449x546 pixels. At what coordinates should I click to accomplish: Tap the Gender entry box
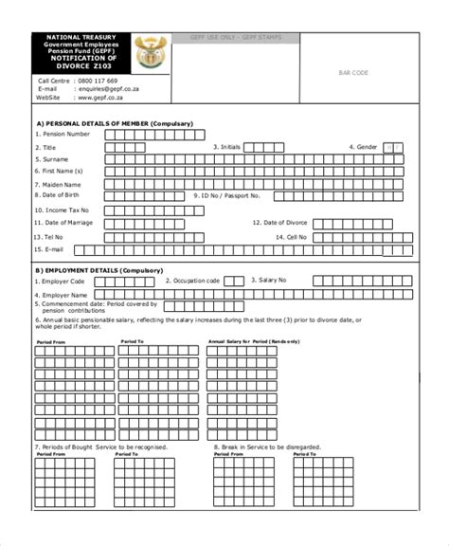tap(395, 147)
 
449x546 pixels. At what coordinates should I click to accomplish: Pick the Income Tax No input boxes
tap(152, 209)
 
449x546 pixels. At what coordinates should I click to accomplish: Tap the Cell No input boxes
tap(360, 236)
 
